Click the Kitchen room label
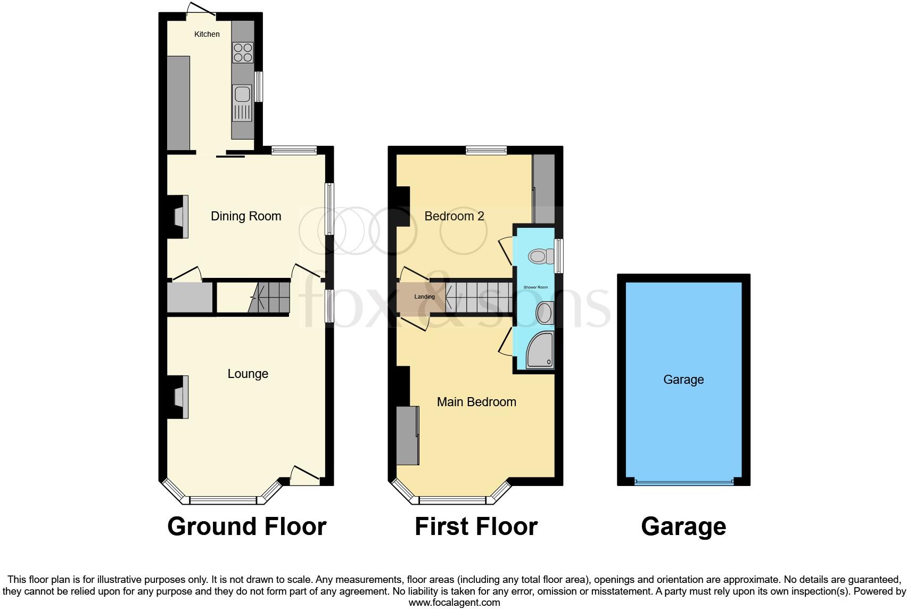coord(207,34)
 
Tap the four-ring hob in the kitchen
coord(243,53)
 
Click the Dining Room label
coord(246,216)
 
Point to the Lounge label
coord(248,374)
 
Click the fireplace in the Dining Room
coord(180,216)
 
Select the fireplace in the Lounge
coord(180,397)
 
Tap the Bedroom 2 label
coord(454,216)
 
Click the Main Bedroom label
coord(476,402)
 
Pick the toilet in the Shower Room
coord(539,257)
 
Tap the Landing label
coord(424,297)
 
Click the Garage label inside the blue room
coord(683,380)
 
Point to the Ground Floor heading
coord(246,526)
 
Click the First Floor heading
coord(476,526)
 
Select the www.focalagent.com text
coord(454,603)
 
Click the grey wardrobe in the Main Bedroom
coord(407,435)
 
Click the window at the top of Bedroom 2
coord(486,151)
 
